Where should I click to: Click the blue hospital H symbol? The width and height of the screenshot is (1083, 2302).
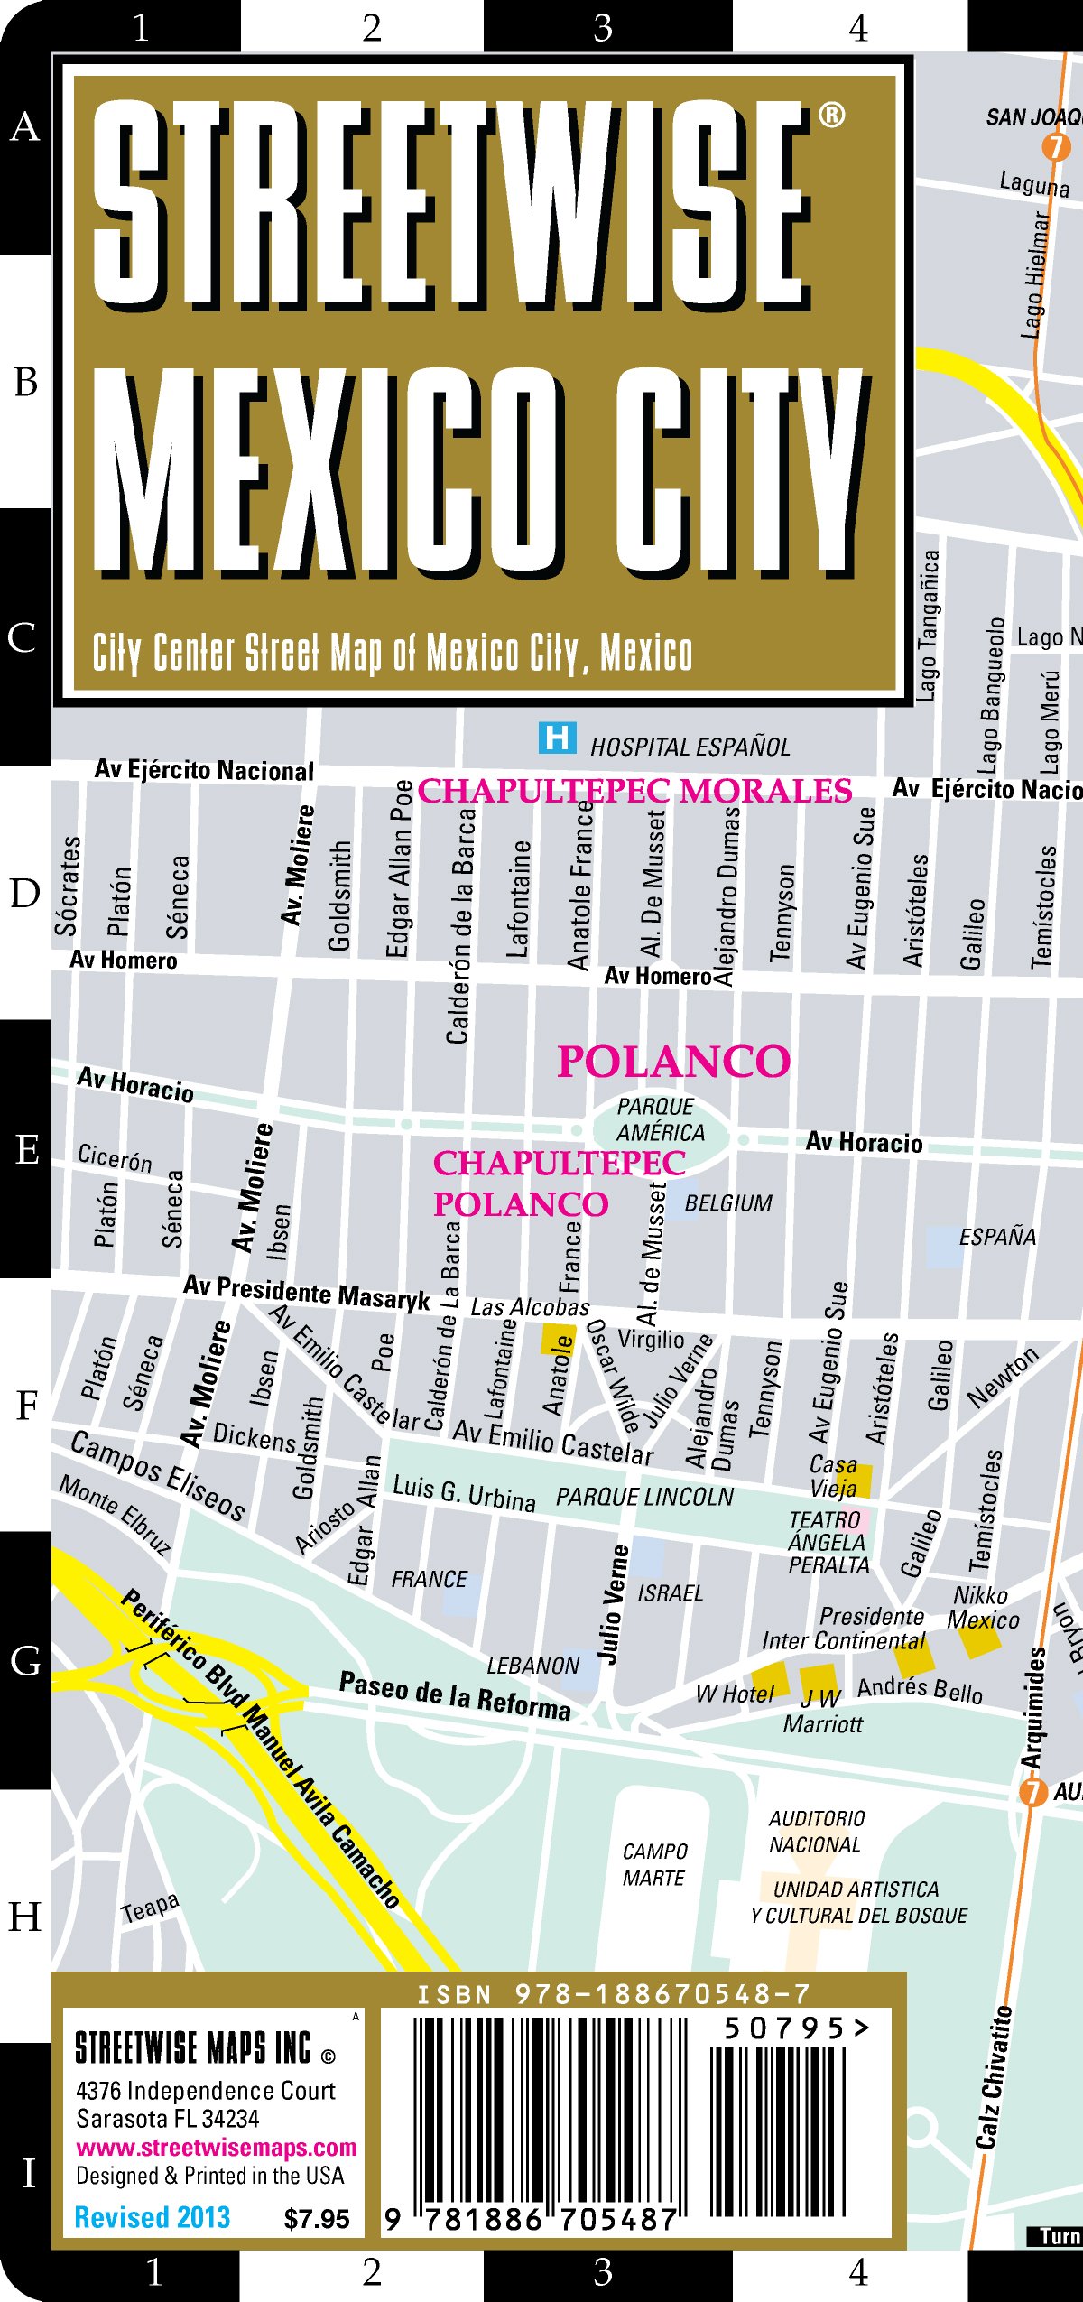click(x=557, y=738)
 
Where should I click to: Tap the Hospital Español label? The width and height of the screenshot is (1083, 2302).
click(x=690, y=747)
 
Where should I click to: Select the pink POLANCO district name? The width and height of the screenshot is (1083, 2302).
click(x=673, y=1062)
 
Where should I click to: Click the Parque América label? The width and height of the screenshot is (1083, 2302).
click(x=661, y=1119)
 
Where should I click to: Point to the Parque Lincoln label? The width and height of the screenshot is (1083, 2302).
click(x=644, y=1497)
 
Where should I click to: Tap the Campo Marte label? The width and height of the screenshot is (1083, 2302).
click(x=654, y=1864)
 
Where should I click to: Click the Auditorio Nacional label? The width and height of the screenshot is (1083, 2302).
click(x=816, y=1831)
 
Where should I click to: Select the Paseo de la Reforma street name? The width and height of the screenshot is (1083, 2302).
click(x=455, y=1695)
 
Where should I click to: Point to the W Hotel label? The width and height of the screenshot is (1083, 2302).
click(x=735, y=1694)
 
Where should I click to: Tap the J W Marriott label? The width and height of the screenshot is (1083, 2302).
click(x=822, y=1711)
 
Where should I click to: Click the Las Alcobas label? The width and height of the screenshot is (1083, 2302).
click(x=530, y=1307)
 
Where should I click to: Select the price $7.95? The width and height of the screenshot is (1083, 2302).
click(x=316, y=2219)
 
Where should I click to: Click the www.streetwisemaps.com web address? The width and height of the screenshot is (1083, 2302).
click(x=216, y=2147)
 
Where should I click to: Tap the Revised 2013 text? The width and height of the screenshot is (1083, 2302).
click(x=152, y=2217)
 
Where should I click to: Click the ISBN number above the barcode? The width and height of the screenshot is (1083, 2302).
click(x=614, y=1994)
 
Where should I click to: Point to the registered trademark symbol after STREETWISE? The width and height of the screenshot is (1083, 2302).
click(x=831, y=115)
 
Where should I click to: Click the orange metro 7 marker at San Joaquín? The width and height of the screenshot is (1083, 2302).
click(x=1055, y=146)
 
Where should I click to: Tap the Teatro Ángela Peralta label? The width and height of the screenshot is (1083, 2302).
click(x=828, y=1542)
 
